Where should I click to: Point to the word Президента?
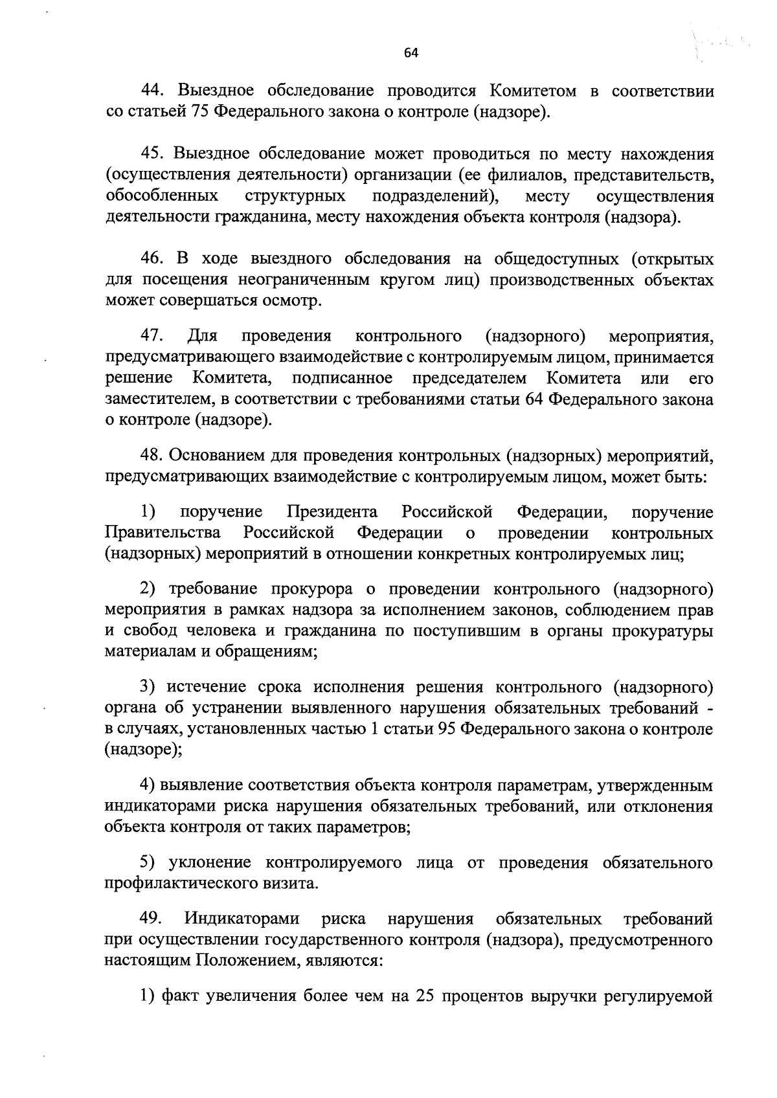(x=332, y=512)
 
